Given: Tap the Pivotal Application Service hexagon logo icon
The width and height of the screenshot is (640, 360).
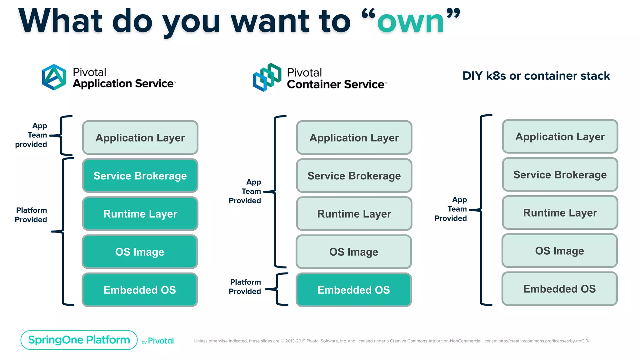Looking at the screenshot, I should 54,77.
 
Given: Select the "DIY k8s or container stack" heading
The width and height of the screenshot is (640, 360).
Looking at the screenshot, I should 536,76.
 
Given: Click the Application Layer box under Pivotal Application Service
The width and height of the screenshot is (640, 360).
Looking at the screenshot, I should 140,138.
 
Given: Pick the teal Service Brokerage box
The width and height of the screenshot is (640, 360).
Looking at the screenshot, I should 140,176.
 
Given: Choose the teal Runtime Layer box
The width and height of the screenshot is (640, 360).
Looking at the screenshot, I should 140,214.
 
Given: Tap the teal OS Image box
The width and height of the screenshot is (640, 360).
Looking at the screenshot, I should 140,252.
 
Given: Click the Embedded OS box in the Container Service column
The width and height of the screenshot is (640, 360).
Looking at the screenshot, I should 354,290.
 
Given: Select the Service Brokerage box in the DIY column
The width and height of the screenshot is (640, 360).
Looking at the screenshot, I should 560,175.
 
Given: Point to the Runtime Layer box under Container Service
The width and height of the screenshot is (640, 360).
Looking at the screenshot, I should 354,214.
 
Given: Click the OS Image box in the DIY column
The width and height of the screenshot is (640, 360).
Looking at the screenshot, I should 559,251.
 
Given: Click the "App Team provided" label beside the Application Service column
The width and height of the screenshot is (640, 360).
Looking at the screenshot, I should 32,135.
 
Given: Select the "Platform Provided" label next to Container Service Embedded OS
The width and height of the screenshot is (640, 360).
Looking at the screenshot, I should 245,287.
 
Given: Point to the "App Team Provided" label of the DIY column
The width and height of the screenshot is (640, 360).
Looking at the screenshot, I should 451,209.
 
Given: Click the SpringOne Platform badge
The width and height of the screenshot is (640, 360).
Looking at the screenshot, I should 79,340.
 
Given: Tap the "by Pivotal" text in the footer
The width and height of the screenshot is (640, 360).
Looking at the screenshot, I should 158,341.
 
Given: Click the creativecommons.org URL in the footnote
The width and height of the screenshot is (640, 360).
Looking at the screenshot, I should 543,341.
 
